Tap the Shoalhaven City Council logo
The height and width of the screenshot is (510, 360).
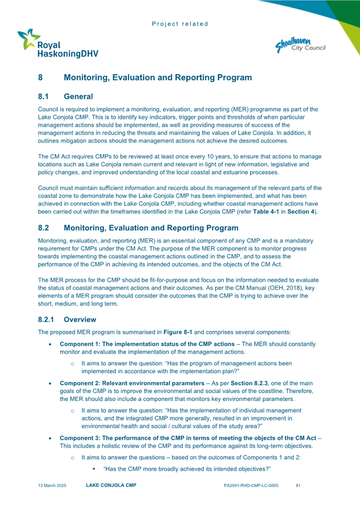pyautogui.click(x=300, y=44)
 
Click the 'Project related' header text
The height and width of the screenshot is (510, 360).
pyautogui.click(x=180, y=24)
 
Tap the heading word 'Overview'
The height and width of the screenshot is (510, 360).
pyautogui.click(x=80, y=320)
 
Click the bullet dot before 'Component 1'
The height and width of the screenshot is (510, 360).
pyautogui.click(x=50, y=344)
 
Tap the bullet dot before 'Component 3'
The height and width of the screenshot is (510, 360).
pyautogui.click(x=50, y=439)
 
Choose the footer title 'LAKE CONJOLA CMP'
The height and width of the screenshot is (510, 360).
pyautogui.click(x=111, y=486)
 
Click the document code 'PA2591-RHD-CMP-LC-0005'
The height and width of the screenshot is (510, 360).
pyautogui.click(x=251, y=486)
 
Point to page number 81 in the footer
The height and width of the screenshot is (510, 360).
pyautogui.click(x=298, y=486)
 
